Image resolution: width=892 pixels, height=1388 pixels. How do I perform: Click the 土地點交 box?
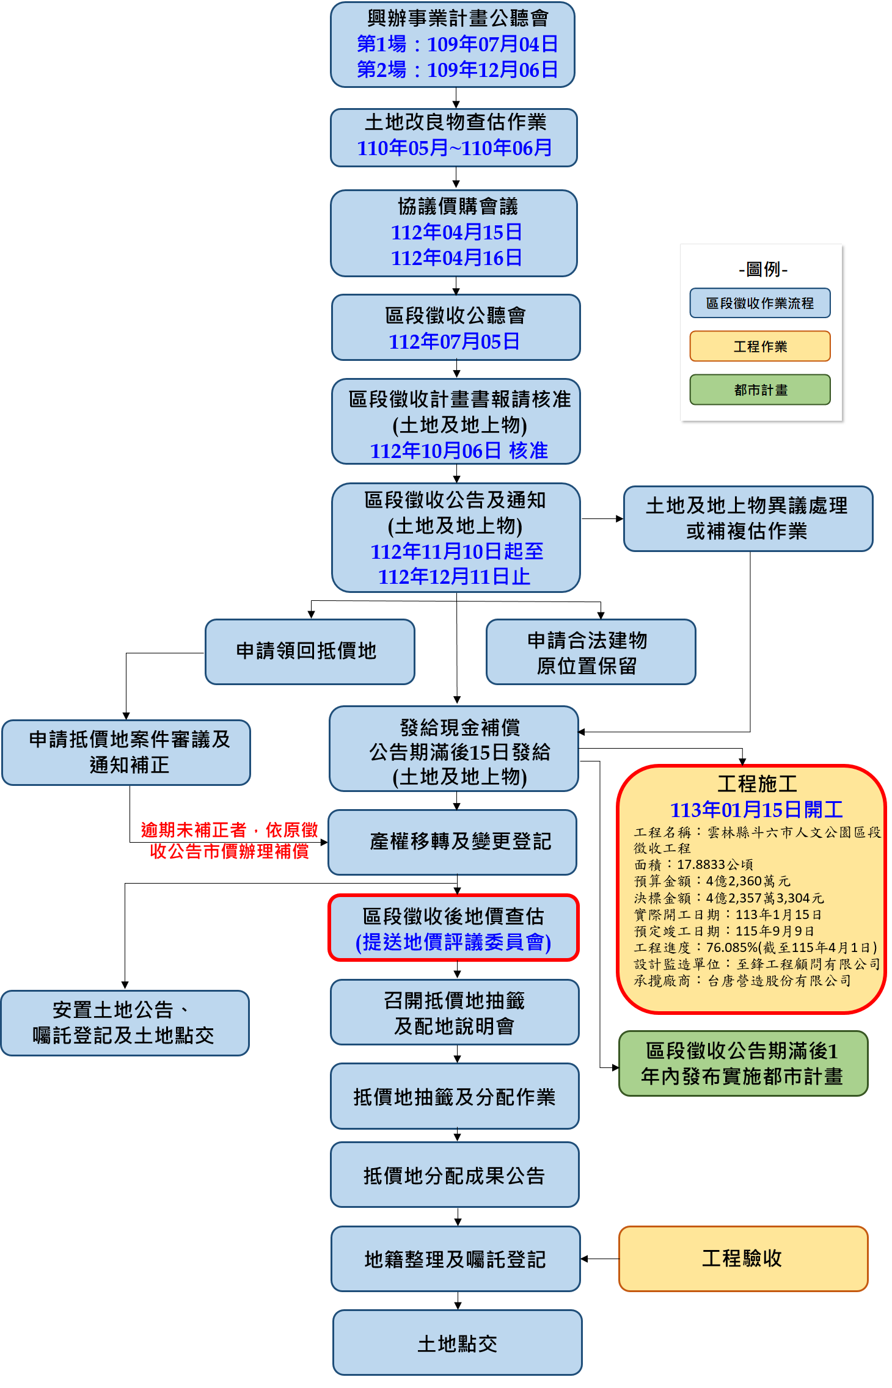click(x=457, y=1343)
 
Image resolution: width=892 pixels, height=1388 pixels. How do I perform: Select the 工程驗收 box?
click(x=742, y=1259)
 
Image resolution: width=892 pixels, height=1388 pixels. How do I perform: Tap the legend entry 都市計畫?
click(x=760, y=390)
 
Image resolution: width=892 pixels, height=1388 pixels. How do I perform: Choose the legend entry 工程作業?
click(x=760, y=346)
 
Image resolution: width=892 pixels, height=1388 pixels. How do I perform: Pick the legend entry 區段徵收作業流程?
click(x=760, y=303)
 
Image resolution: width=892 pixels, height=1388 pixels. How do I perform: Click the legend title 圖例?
click(x=763, y=269)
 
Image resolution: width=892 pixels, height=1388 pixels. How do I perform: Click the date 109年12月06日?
click(x=492, y=70)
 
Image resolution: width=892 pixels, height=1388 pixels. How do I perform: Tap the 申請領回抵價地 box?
click(x=309, y=652)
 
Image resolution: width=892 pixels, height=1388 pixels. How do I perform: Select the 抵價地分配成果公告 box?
click(x=454, y=1175)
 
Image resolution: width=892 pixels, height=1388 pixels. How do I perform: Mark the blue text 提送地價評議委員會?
click(x=453, y=942)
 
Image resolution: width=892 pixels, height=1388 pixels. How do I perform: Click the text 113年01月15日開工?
click(x=756, y=810)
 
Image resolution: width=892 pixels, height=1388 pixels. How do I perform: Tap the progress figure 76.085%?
click(x=731, y=947)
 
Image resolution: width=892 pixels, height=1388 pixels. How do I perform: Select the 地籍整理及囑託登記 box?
click(x=455, y=1259)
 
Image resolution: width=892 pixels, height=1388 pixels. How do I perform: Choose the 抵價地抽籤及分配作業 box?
click(x=454, y=1097)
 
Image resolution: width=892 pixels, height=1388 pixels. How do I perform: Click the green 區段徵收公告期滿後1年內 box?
click(x=743, y=1063)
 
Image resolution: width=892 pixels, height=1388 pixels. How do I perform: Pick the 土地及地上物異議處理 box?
click(x=747, y=518)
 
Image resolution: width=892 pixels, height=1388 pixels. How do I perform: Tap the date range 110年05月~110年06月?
click(x=454, y=148)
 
